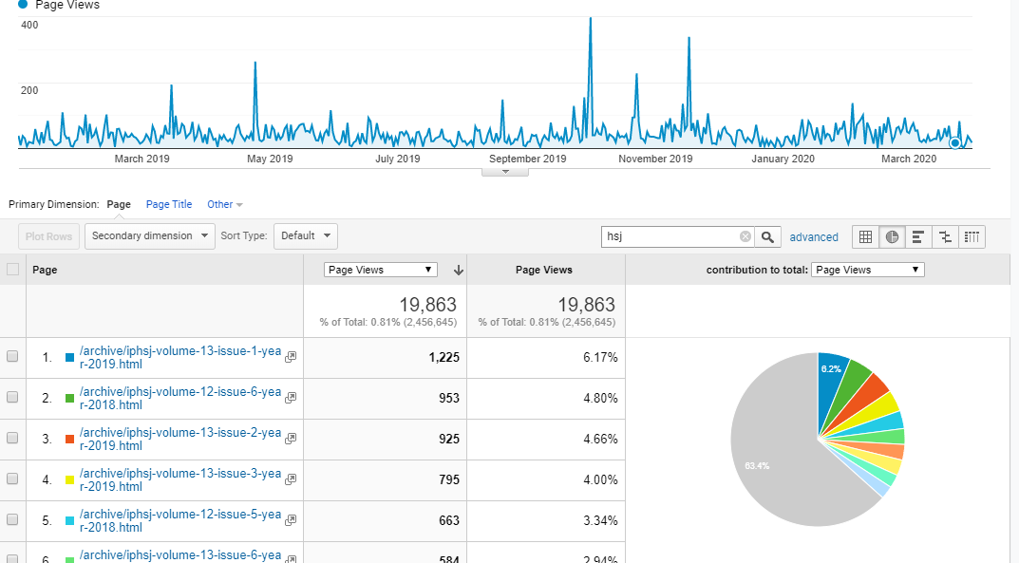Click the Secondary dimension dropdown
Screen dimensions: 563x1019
(150, 235)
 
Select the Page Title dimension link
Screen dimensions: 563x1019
(169, 204)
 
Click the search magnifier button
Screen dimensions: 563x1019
(770, 236)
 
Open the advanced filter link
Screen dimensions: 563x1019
(814, 237)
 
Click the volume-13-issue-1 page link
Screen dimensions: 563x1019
(180, 357)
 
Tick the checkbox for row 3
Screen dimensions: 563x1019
(12, 439)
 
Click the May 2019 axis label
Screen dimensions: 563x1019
(270, 159)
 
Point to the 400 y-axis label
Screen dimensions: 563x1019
(29, 25)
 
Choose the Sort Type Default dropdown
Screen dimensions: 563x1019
(305, 235)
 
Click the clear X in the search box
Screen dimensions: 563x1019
(745, 236)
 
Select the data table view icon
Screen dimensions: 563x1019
(865, 236)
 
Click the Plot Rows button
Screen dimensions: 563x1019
(48, 236)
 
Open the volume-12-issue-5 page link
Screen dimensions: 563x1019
(180, 520)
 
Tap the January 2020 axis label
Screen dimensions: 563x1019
(783, 159)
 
